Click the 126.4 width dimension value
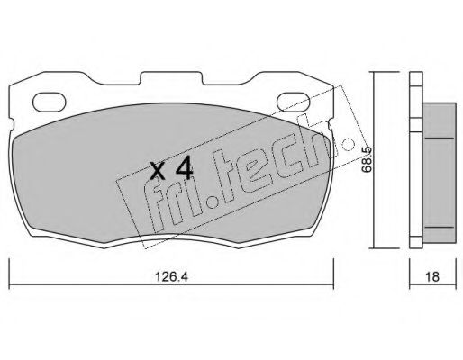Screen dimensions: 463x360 [x=171, y=276]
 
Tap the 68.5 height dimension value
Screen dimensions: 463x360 [x=367, y=159]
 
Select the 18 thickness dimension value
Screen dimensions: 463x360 [x=432, y=276]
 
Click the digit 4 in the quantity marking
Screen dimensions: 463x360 [x=184, y=169]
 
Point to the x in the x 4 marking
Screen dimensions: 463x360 [x=158, y=171]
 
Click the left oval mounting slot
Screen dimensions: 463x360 [x=49, y=103]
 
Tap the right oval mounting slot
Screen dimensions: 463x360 [x=293, y=102]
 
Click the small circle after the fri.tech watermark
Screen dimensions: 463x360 [x=349, y=144]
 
